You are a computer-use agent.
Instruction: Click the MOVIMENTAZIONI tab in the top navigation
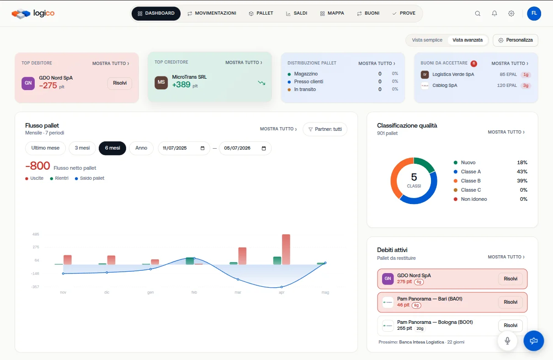coord(212,13)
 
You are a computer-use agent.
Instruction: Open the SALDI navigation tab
coord(297,13)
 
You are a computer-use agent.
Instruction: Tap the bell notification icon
coord(494,13)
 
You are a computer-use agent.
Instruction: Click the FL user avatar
coord(534,13)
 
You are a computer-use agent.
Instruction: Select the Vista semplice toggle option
coord(427,40)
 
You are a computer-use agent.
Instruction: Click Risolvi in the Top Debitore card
coord(120,83)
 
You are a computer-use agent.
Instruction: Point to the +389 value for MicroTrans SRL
coord(181,85)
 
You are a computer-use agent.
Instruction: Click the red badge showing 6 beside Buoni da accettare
coord(473,64)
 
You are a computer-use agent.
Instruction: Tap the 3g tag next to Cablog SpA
coord(526,86)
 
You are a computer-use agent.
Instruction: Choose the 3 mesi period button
coord(82,148)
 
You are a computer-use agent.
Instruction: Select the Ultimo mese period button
coord(45,148)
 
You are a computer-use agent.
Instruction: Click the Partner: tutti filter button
coord(325,129)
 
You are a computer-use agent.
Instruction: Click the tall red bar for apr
coord(286,250)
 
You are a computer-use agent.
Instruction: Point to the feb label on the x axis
coord(194,292)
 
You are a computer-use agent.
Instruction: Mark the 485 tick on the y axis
coord(36,234)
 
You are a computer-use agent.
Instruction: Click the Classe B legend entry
coord(471,181)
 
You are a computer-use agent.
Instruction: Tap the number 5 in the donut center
coord(414,177)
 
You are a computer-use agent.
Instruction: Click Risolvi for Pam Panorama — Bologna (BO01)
coord(510,325)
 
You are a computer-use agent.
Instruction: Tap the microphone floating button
coord(507,341)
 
